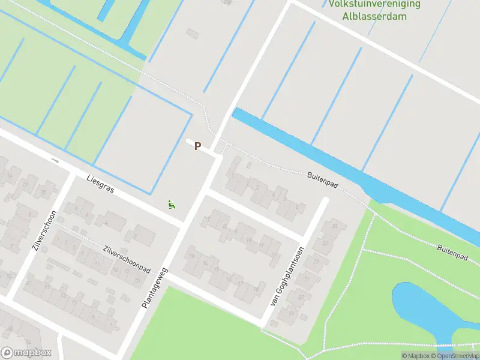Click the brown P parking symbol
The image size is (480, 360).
(197, 146)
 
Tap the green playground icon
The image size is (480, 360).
(172, 205)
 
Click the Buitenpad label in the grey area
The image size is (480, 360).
(323, 180)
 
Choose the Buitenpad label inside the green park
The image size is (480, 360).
(452, 252)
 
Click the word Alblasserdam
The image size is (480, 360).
(375, 16)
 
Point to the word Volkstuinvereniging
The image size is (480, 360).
(375, 4)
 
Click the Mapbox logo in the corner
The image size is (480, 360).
(26, 353)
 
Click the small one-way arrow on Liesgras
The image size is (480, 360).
(55, 160)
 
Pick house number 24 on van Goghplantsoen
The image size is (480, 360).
(335, 226)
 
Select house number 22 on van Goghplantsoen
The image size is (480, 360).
(325, 243)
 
